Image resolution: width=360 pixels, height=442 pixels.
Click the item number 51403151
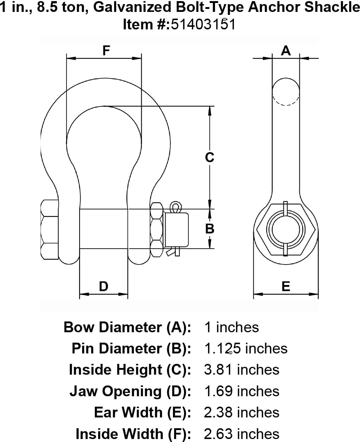point(203,24)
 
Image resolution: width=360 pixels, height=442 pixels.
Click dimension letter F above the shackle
point(106,50)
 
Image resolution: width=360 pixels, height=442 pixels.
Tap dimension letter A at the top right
point(286,50)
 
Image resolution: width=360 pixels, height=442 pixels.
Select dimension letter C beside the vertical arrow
point(210,157)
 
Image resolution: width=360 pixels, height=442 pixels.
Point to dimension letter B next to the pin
point(210,228)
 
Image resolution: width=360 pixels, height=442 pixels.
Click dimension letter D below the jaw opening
point(103,286)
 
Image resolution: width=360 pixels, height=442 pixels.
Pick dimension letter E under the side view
point(286,286)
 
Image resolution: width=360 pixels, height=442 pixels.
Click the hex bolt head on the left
point(49,230)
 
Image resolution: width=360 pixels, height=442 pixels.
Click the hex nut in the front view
point(157,229)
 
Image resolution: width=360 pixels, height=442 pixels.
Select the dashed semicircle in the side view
point(286,100)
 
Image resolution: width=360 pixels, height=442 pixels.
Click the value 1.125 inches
point(246,349)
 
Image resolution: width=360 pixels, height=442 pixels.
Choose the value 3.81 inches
point(242,370)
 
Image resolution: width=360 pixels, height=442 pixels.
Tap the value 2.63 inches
point(242,434)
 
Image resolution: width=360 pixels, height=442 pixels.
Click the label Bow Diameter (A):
point(127,327)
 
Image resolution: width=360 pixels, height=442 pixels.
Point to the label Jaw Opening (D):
point(130,391)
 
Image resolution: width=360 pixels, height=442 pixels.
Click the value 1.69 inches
point(242,391)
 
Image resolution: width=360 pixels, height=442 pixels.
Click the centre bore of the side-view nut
point(286,229)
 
